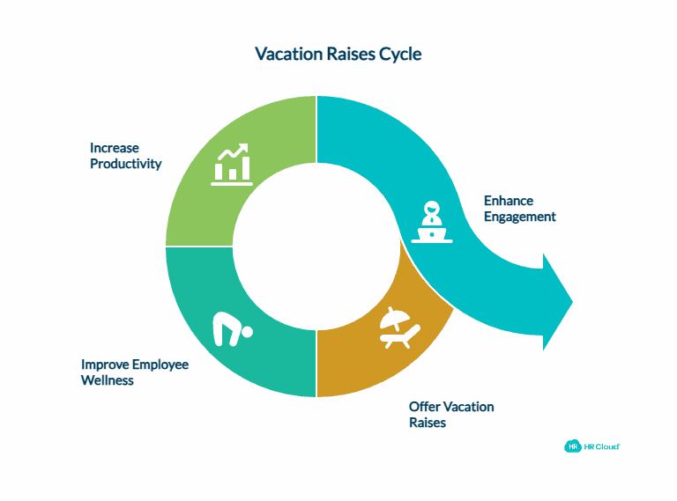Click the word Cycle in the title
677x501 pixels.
click(400, 55)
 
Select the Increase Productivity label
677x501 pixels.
click(125, 156)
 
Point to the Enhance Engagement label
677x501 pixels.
click(519, 209)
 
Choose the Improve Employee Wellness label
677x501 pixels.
click(134, 372)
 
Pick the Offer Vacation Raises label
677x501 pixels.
click(451, 415)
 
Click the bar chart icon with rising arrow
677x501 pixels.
click(233, 165)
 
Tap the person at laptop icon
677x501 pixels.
click(431, 222)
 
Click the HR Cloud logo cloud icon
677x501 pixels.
click(572, 446)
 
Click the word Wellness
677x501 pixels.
click(108, 380)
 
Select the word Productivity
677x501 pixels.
click(125, 164)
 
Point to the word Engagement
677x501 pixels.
click(519, 217)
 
